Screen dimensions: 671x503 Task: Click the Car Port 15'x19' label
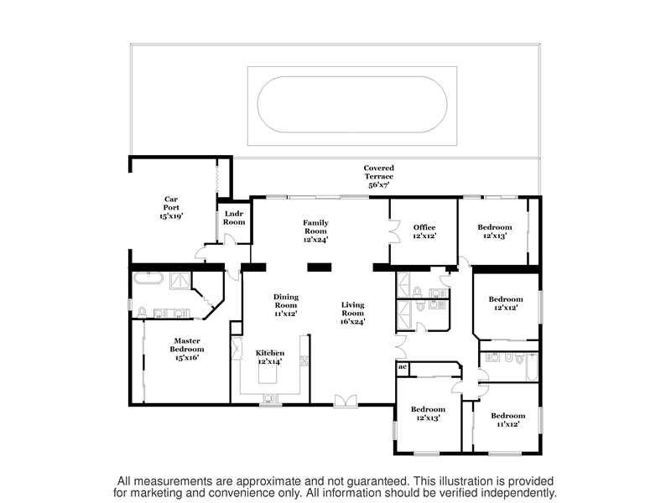(171, 207)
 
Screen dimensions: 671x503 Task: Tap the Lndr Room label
(234, 218)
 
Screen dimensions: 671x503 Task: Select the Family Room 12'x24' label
(316, 231)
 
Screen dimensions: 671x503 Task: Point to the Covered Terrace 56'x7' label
(379, 176)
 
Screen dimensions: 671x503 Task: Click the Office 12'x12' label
(424, 231)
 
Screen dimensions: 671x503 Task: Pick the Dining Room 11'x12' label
(286, 305)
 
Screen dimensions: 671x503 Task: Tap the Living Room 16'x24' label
(352, 313)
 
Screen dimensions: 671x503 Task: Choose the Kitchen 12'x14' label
(270, 357)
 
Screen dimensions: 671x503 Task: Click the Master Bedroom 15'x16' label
(187, 349)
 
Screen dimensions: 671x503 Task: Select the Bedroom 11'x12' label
(508, 420)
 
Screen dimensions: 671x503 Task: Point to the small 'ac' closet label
(403, 366)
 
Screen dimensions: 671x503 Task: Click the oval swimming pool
(352, 104)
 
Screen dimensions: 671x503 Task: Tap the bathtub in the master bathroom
(148, 278)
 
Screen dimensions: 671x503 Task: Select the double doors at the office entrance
(394, 232)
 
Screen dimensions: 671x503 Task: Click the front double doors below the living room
(346, 401)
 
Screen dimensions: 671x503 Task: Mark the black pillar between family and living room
(320, 267)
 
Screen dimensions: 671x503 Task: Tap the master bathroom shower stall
(179, 281)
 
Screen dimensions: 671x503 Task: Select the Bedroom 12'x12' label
(506, 303)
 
